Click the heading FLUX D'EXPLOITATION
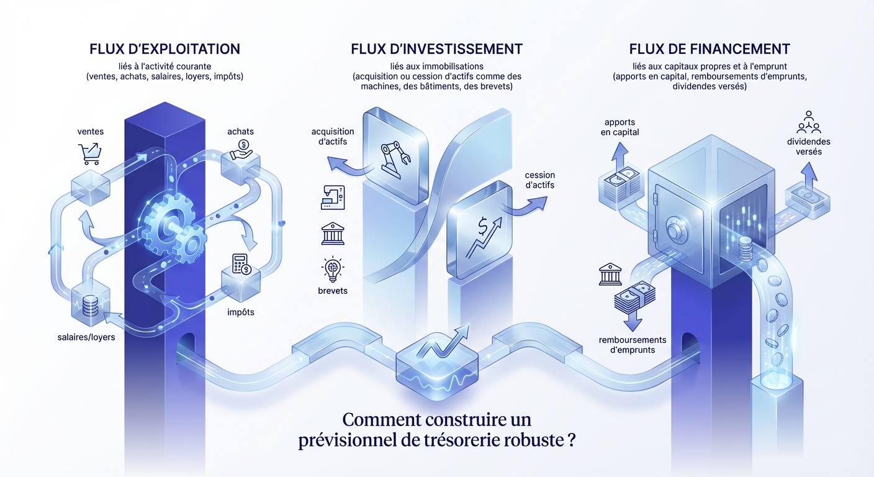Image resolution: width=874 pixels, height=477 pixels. [164, 48]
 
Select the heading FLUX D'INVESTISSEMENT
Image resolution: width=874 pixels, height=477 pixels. [436, 48]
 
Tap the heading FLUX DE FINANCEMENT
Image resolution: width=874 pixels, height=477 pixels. [709, 48]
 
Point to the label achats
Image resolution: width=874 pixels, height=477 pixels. [240, 131]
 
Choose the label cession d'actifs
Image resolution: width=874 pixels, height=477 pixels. [539, 179]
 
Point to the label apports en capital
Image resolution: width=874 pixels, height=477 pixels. [620, 127]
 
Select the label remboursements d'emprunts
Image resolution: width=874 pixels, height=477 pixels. [633, 345]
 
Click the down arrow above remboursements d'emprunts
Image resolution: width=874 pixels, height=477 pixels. [633, 321]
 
